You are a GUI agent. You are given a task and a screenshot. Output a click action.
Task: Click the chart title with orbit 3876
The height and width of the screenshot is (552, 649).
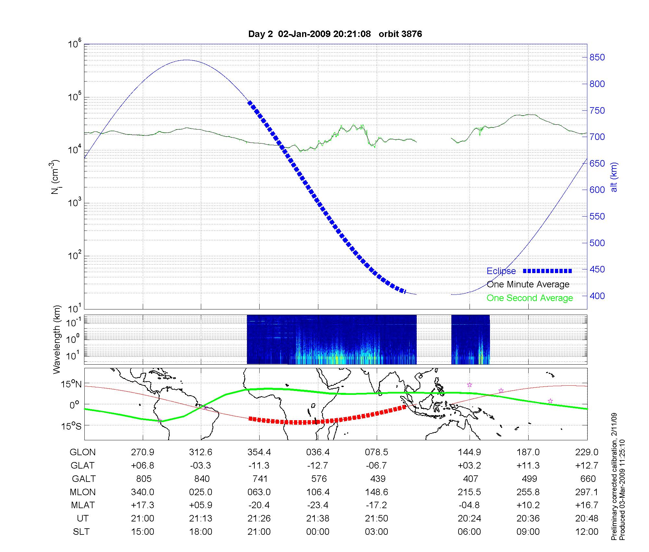[x=335, y=34]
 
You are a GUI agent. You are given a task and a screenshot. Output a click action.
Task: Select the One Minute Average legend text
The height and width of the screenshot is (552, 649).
[x=528, y=284]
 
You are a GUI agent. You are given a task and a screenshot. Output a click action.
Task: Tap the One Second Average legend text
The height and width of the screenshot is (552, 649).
[x=530, y=298]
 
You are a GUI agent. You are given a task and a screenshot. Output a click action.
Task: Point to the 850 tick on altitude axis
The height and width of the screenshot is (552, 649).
[x=597, y=57]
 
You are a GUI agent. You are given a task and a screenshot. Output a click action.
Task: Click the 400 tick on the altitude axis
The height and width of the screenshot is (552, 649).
[x=597, y=296]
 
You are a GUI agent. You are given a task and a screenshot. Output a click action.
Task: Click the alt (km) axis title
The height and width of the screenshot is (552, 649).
[x=614, y=177]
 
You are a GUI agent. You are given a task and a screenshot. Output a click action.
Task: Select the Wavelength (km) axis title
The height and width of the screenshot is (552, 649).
[x=56, y=339]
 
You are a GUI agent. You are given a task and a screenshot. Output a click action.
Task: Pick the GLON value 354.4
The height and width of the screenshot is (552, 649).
[x=259, y=452]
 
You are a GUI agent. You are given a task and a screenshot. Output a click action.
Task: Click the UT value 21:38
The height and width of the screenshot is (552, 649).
[x=318, y=518]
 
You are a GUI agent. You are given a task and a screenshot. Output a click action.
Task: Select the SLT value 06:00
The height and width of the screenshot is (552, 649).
[x=469, y=532]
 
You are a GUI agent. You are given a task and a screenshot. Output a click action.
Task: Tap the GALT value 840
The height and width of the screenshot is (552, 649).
[x=201, y=479]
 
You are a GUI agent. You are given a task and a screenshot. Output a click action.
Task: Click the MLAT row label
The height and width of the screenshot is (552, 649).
[x=83, y=505]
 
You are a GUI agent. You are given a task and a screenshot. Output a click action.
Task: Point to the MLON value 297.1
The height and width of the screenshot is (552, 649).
[x=587, y=492]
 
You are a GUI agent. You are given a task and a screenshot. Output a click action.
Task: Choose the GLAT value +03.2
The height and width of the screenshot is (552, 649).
[x=469, y=465]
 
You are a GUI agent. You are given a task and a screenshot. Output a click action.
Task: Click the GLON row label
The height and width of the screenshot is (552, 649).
[x=83, y=452]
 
